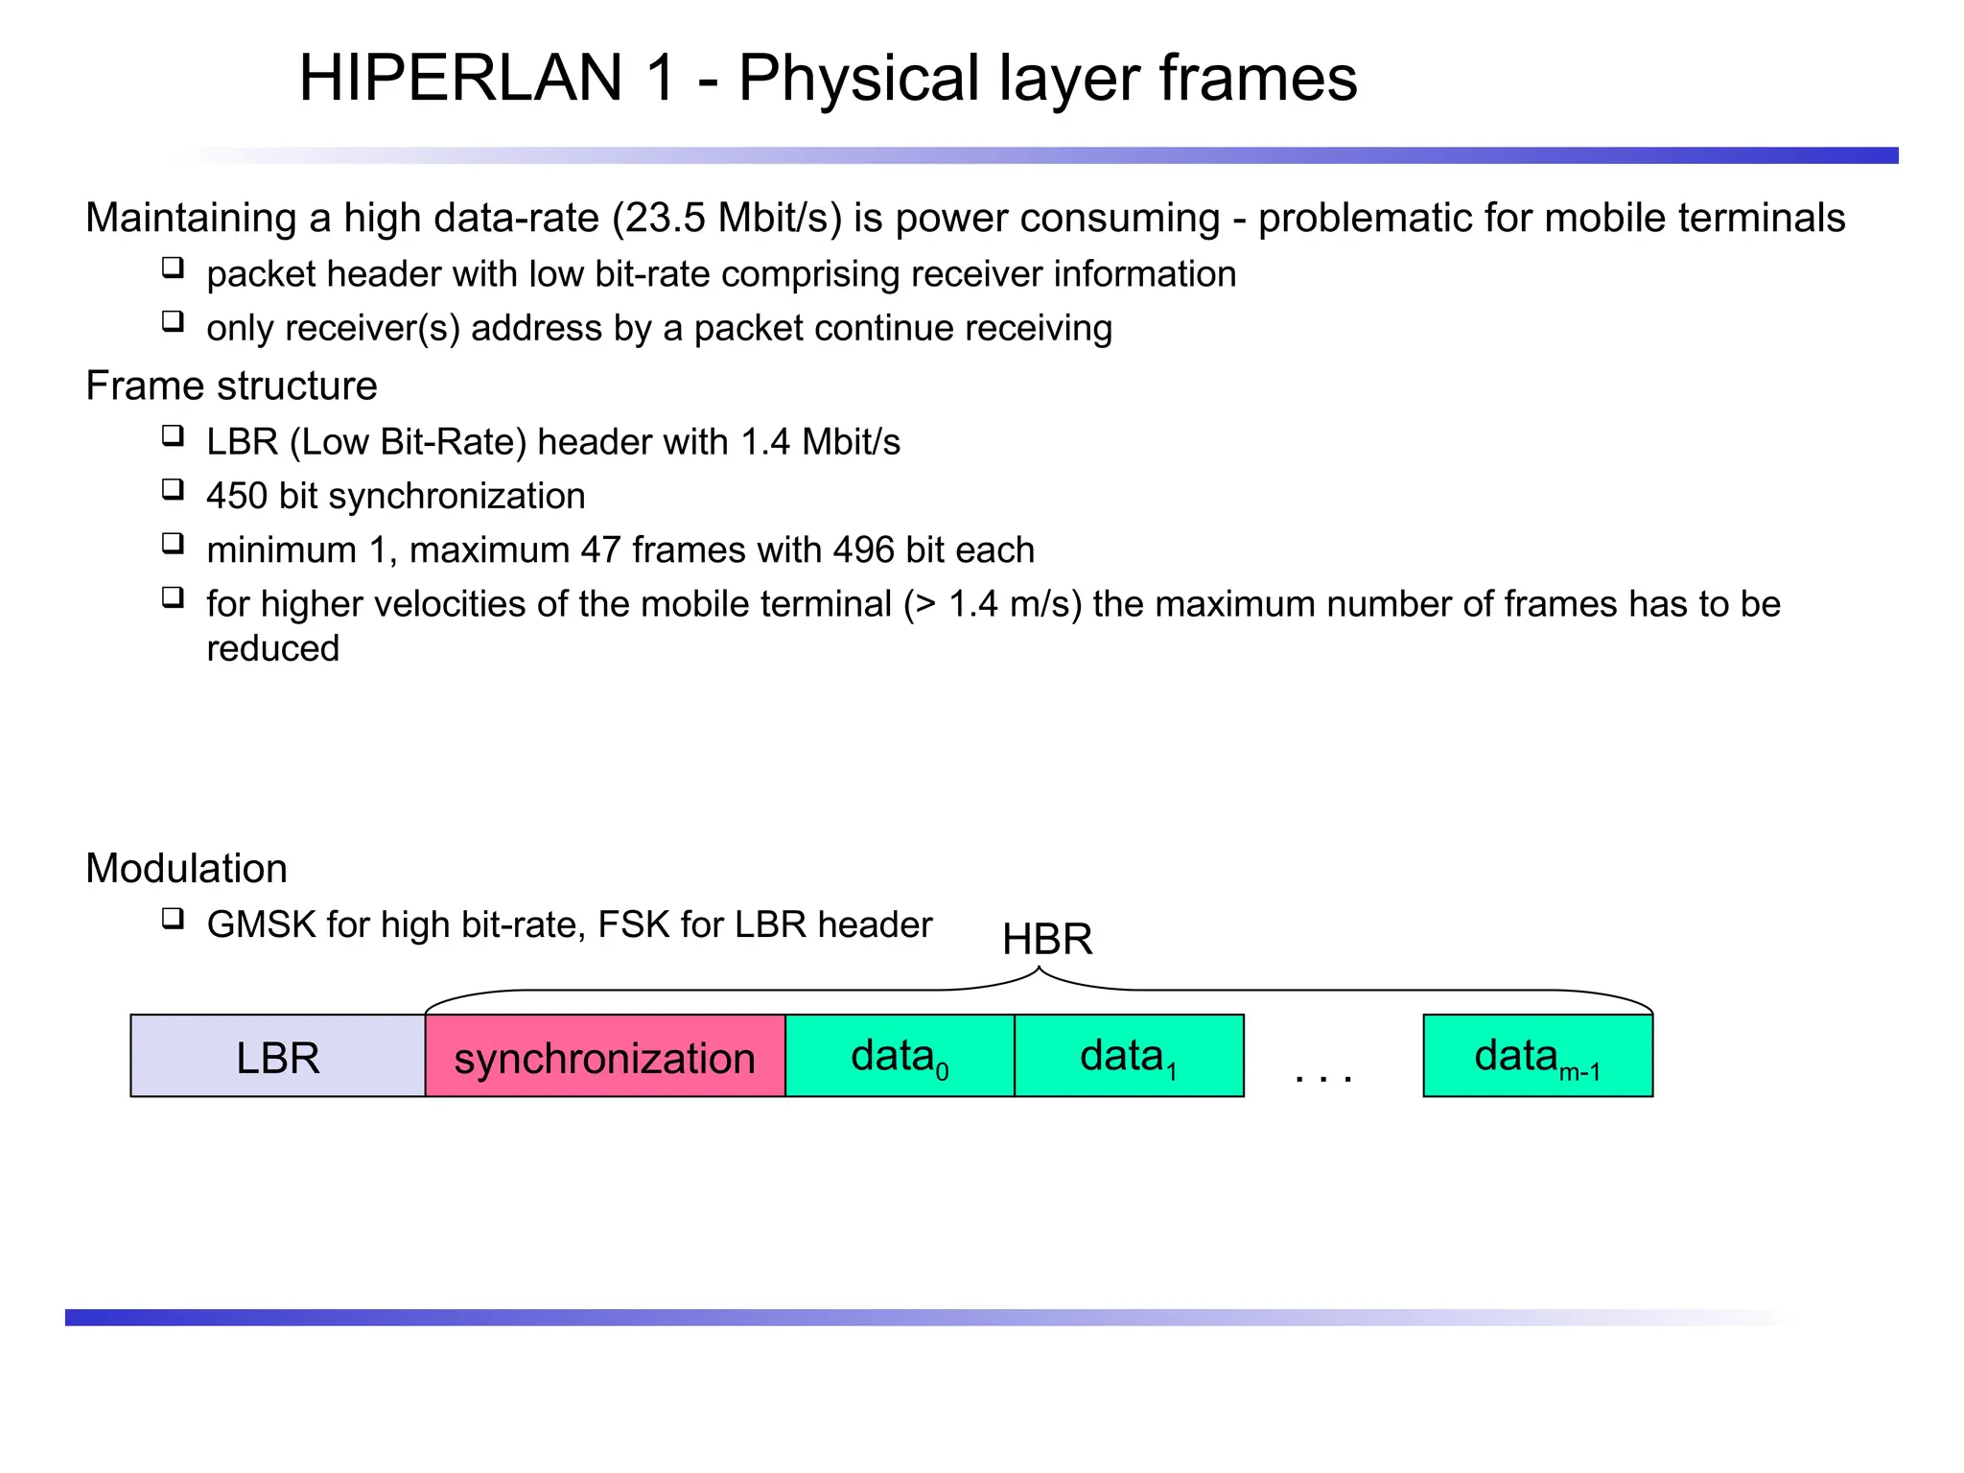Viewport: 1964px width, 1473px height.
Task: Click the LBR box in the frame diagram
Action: (x=277, y=1056)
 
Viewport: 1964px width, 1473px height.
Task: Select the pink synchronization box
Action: (x=604, y=1056)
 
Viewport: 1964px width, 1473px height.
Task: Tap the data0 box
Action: (x=899, y=1056)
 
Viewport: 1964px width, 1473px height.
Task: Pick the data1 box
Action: (x=1128, y=1056)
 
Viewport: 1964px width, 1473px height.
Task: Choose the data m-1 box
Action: (x=1537, y=1056)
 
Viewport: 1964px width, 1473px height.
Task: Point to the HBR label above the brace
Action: (x=1047, y=939)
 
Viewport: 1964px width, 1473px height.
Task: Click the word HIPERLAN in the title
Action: (x=461, y=78)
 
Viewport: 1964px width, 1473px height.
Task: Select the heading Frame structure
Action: (x=231, y=386)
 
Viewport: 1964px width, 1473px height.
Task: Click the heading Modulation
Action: (x=186, y=868)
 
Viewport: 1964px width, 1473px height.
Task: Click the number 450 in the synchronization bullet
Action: (x=237, y=496)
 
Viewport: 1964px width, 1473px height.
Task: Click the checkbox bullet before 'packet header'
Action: (x=173, y=268)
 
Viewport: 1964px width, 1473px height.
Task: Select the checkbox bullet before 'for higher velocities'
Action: (x=173, y=598)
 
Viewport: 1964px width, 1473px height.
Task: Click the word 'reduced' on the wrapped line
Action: (x=273, y=649)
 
